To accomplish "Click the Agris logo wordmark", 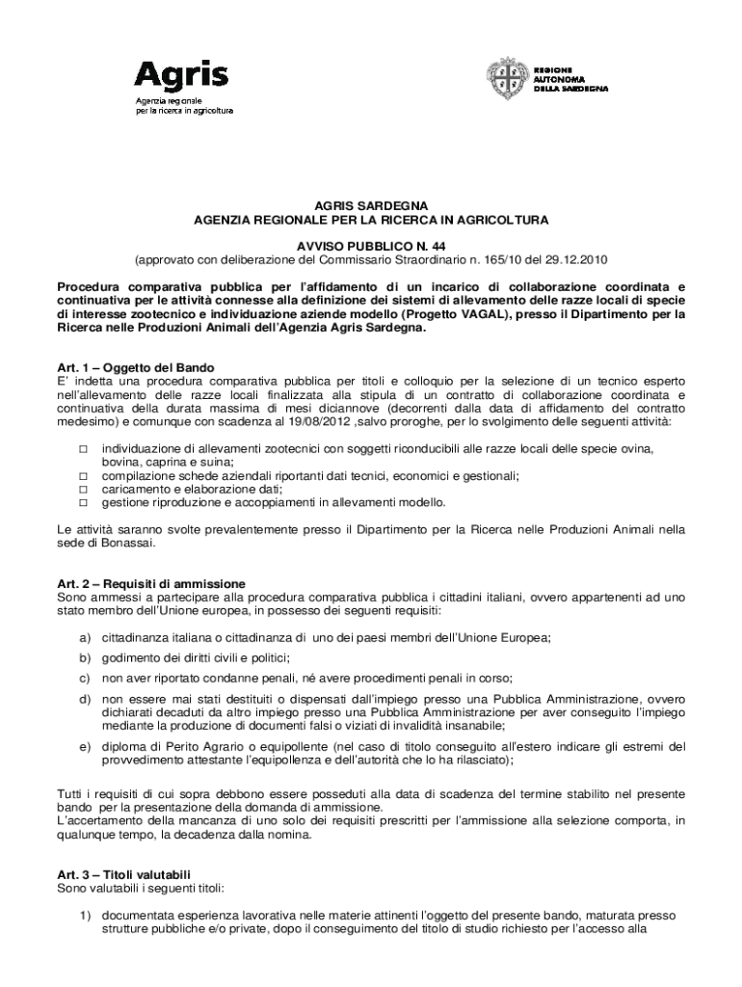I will point(180,75).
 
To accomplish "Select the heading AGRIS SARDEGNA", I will point(371,206).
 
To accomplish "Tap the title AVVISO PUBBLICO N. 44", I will point(371,247).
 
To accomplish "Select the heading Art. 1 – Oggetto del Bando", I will point(135,368).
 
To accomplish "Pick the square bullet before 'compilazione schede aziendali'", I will point(83,476).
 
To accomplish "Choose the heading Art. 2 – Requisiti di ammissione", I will point(151,584).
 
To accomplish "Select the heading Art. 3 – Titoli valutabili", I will point(124,875).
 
